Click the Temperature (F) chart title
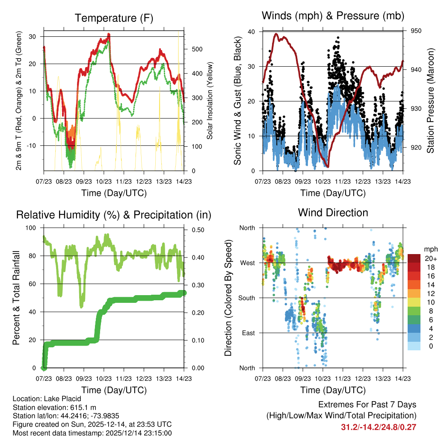114,18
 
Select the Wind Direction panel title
333,212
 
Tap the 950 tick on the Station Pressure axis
416,31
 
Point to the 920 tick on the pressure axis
416,148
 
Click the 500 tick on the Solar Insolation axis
197,49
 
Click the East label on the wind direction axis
248,333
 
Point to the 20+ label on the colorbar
430,258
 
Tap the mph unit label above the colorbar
431,249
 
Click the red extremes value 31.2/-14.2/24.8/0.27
379,427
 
